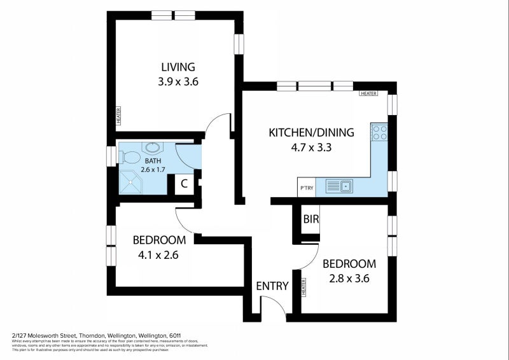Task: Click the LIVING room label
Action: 178,67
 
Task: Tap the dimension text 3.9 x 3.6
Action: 178,81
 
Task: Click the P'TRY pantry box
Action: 307,188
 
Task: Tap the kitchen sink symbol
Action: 339,186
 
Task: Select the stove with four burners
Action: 380,132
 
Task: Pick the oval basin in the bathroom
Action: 153,148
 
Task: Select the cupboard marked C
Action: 184,184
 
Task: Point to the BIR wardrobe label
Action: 311,219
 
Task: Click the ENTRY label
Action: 272,286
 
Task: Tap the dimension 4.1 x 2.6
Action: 158,255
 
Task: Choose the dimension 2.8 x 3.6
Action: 349,278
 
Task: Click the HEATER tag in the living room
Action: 118,116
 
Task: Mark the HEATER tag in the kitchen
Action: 368,93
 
